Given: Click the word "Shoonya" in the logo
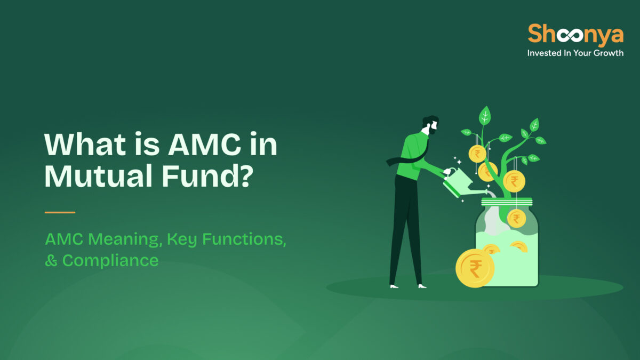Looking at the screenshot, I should (x=575, y=35).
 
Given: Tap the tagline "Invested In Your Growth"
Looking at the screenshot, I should (x=575, y=53).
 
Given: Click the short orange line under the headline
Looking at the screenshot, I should (x=60, y=212).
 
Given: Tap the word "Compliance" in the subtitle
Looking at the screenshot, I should (x=110, y=260).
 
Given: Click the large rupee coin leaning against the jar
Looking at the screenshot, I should (x=475, y=268).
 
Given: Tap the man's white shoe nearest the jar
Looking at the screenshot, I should (x=422, y=286).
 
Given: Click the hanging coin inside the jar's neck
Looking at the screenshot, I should (x=516, y=218).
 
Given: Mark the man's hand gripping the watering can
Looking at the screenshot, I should (x=446, y=172).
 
